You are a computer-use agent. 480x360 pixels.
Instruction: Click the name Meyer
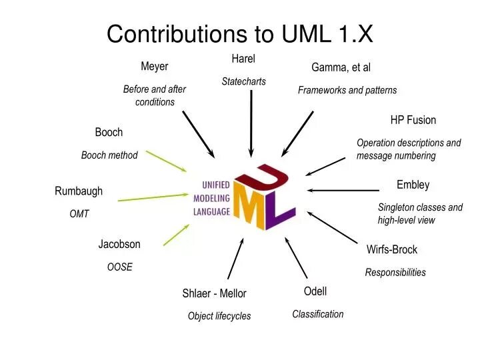[x=154, y=67]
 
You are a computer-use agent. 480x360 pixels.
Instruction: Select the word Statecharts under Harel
[x=244, y=81]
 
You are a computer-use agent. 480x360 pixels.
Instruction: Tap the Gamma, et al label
[x=341, y=67]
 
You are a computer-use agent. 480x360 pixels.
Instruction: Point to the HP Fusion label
[x=413, y=120]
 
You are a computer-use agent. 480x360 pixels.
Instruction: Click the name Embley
[x=413, y=185]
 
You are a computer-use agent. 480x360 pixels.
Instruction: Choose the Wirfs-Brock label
[x=392, y=249]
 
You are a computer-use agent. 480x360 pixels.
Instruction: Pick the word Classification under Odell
[x=318, y=314]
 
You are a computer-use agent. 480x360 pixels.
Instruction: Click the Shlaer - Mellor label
[x=214, y=293]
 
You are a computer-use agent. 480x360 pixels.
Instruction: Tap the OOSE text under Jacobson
[x=120, y=267]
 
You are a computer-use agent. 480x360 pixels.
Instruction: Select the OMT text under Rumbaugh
[x=79, y=214]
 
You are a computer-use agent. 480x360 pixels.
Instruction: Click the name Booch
[x=109, y=132]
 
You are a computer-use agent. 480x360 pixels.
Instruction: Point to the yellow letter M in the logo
[x=249, y=204]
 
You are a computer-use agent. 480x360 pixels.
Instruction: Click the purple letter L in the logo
[x=279, y=212]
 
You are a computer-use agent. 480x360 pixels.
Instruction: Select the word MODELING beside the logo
[x=211, y=199]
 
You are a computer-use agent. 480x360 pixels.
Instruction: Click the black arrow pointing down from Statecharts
[x=251, y=124]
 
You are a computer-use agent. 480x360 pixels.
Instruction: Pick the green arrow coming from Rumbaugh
[x=153, y=197]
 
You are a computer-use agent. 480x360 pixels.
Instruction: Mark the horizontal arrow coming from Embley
[x=343, y=191]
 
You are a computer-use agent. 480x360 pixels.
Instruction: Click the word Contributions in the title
[x=177, y=34]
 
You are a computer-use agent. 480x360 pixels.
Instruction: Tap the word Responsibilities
[x=395, y=273]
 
